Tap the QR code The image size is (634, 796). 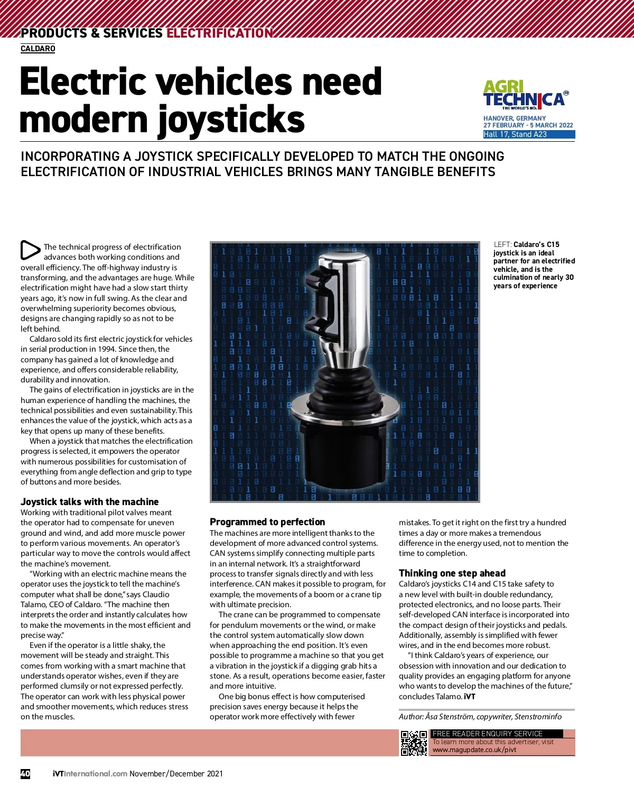pyautogui.click(x=414, y=743)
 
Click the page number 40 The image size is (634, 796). pyautogui.click(x=25, y=773)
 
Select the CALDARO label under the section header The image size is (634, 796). pyautogui.click(x=38, y=49)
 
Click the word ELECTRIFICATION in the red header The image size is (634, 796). pyautogui.click(x=219, y=33)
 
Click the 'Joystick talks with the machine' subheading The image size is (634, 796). pyautogui.click(x=89, y=502)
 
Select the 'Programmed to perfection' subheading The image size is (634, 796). pyautogui.click(x=267, y=522)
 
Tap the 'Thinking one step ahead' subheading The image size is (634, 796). pyautogui.click(x=452, y=573)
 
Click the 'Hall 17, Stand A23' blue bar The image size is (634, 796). pyautogui.click(x=528, y=134)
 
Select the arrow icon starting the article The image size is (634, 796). pyautogui.click(x=30, y=250)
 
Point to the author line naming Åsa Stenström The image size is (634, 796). pyautogui.click(x=480, y=717)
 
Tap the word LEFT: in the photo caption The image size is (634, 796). pyautogui.click(x=502, y=244)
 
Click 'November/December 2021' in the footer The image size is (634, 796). pyautogui.click(x=176, y=773)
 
